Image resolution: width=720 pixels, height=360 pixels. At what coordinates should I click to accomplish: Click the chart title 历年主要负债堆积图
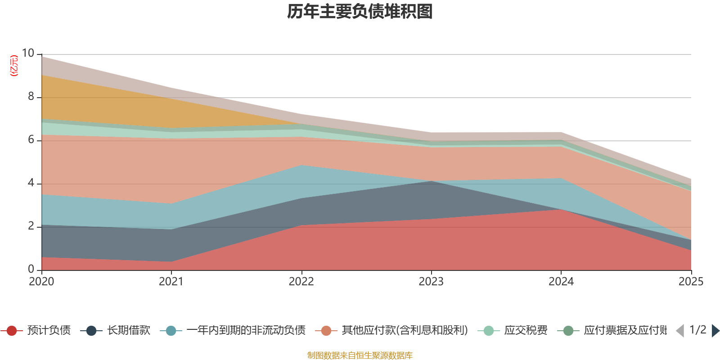point(360,12)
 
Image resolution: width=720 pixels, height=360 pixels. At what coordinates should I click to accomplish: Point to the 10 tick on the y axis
point(28,54)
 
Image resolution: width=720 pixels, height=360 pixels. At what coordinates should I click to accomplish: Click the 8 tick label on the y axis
point(31,97)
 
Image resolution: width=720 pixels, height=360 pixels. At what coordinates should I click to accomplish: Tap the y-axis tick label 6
point(31,140)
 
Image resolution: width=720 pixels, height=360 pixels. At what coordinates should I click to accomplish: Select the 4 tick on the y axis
point(31,183)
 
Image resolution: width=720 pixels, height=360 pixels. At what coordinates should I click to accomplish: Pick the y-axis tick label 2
point(31,226)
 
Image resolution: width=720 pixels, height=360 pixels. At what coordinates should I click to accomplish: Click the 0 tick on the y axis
point(31,269)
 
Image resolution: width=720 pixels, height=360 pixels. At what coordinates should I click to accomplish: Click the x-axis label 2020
point(41,282)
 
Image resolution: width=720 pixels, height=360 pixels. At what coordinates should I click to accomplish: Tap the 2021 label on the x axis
point(171,282)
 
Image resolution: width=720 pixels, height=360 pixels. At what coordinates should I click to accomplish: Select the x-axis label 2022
point(301,282)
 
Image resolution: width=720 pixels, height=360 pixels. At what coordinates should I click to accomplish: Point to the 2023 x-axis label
point(431,282)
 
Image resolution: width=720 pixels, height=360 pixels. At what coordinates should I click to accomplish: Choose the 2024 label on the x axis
point(561,282)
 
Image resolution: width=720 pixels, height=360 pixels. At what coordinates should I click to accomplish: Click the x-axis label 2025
point(691,282)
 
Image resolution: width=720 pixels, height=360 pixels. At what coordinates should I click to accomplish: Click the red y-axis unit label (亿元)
point(14,66)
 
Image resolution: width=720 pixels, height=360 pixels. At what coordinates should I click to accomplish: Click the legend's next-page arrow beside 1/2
point(715,331)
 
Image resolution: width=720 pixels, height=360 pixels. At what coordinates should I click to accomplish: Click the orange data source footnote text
point(360,355)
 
